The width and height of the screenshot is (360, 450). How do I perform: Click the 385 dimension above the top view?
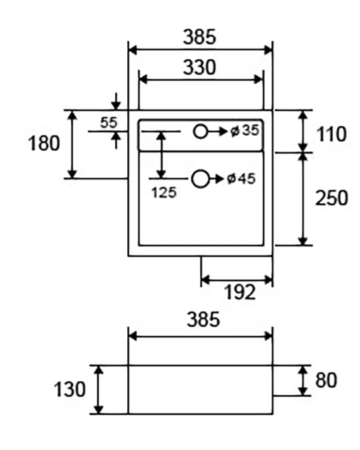(x=199, y=37)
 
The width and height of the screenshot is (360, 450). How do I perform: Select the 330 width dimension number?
(x=199, y=67)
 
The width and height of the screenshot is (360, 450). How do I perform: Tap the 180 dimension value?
(x=44, y=143)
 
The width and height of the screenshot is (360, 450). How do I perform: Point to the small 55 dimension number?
(x=109, y=123)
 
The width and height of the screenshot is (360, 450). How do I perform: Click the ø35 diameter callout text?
(x=245, y=131)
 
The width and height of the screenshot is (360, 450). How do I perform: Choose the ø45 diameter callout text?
(x=241, y=179)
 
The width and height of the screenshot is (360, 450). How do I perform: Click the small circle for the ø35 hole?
(x=200, y=131)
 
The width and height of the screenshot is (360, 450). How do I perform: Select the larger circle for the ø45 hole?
(x=200, y=179)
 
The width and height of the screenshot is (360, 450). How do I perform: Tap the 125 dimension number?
(x=164, y=193)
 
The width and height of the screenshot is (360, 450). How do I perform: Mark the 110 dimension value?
(x=331, y=134)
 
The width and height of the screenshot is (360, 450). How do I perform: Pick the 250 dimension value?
(x=331, y=198)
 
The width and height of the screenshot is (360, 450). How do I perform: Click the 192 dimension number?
(x=240, y=292)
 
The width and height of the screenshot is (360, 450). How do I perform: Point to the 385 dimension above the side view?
(x=203, y=319)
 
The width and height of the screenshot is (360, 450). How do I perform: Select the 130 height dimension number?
(x=69, y=389)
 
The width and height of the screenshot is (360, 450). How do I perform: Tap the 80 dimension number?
(x=326, y=380)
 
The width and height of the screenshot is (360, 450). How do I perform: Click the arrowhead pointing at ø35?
(x=223, y=132)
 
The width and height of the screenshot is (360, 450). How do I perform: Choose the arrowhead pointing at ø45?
(x=219, y=179)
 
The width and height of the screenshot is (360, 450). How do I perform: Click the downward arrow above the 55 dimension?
(x=116, y=101)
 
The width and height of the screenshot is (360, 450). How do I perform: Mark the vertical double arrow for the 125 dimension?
(x=162, y=155)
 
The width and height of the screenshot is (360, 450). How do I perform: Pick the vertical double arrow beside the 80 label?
(x=303, y=381)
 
